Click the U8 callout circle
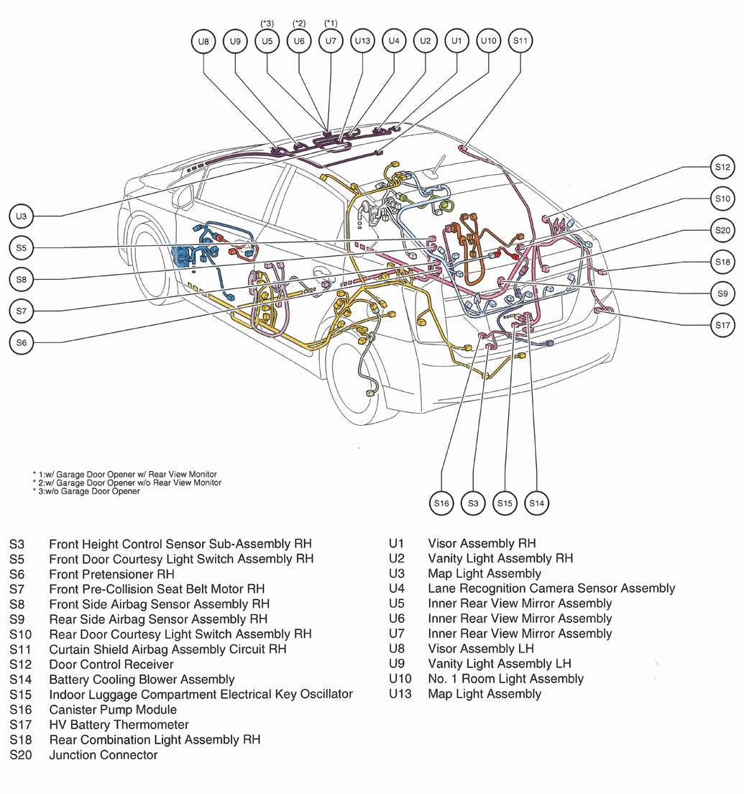click(204, 42)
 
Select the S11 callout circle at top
click(520, 41)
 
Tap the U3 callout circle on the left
click(22, 216)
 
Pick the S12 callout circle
click(722, 167)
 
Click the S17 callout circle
click(722, 325)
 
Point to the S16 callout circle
click(441, 503)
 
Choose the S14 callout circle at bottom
click(537, 503)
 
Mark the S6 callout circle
click(22, 343)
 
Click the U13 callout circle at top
click(362, 42)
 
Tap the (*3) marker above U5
click(267, 24)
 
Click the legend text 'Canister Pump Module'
click(112, 710)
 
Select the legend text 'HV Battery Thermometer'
click(119, 725)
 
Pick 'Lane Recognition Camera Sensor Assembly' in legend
click(551, 588)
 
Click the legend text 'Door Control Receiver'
click(111, 665)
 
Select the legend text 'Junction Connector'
click(103, 755)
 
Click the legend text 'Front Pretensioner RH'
click(111, 574)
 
